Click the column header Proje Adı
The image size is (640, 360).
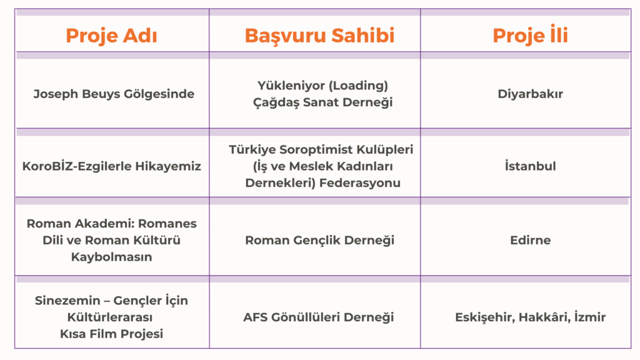pyautogui.click(x=111, y=36)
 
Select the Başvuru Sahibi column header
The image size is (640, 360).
pyautogui.click(x=319, y=36)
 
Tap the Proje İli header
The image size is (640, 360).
pyautogui.click(x=530, y=34)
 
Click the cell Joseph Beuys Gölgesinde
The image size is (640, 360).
pyautogui.click(x=114, y=94)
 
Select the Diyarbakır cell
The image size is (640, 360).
pyautogui.click(x=530, y=94)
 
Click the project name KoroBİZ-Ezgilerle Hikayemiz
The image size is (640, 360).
pyautogui.click(x=111, y=166)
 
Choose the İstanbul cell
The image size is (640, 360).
pyautogui.click(x=530, y=166)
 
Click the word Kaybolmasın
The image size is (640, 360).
pyautogui.click(x=111, y=257)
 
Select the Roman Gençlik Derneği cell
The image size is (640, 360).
pyautogui.click(x=319, y=241)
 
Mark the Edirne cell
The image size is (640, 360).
pyautogui.click(x=530, y=240)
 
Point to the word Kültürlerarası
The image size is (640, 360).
pyautogui.click(x=110, y=317)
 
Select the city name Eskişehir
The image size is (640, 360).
pyautogui.click(x=485, y=317)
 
